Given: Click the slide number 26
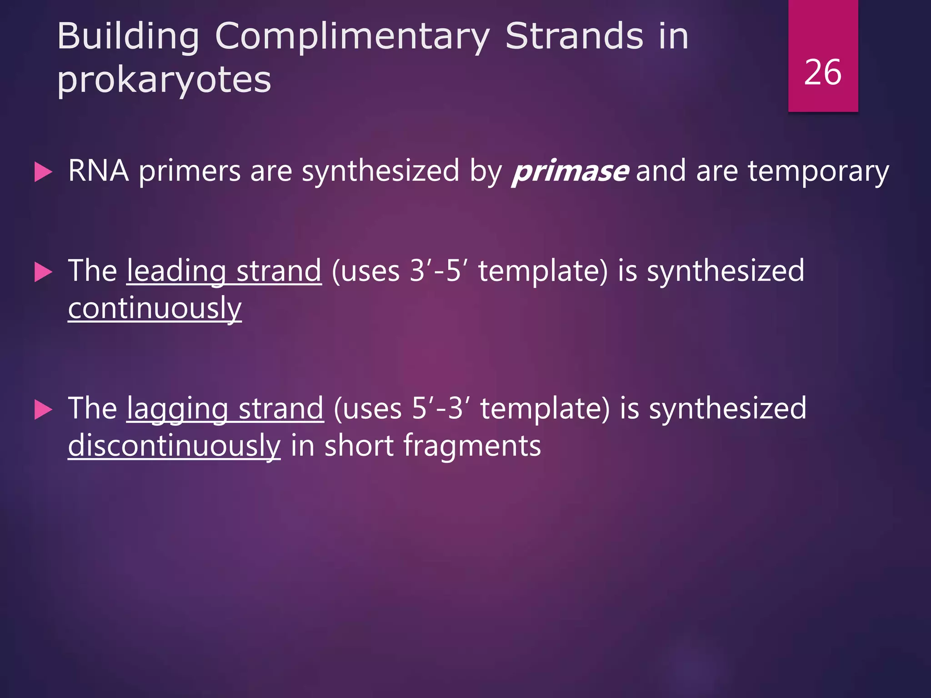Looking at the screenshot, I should pos(822,73).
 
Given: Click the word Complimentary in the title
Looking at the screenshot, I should pos(352,36).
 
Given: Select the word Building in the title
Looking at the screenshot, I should pos(128,36).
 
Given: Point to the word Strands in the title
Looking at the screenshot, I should pos(574,36).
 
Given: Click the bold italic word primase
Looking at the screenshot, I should pos(571,171).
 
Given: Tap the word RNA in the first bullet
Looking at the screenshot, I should pos(98,171).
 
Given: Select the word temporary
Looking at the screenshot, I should pos(818,171).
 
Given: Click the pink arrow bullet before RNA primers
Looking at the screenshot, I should pos(43,173).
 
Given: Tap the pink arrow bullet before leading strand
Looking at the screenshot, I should pos(43,273).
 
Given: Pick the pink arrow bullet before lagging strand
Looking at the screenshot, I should pos(43,410).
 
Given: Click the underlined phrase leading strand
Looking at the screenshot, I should pos(224,271).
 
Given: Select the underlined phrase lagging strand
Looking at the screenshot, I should pos(225,409).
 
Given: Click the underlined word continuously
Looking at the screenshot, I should pos(155,309).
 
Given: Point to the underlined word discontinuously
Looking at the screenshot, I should pos(174,446).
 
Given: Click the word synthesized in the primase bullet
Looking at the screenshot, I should pos(380,171).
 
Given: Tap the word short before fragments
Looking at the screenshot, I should pos(359,446).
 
